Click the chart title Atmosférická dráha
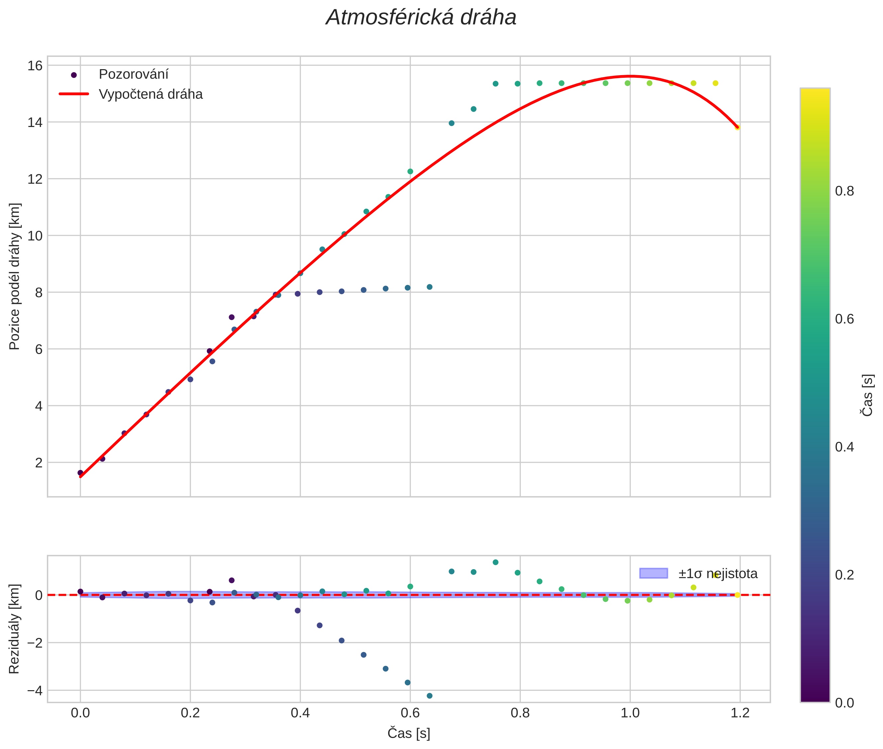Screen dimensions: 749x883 pos(421,18)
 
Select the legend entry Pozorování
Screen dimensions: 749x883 pos(133,74)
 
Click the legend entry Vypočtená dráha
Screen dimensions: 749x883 pos(150,94)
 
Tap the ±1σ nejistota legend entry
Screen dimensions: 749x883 pos(717,574)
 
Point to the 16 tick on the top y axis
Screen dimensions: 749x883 pos(35,66)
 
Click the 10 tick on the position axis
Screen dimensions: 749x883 pos(35,236)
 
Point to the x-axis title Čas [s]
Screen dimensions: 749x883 pos(409,733)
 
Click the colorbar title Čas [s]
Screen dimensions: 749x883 pos(868,395)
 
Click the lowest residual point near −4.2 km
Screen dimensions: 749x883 pos(430,695)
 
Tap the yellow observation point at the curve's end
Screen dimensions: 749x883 pos(737,127)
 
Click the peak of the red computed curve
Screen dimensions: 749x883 pos(630,76)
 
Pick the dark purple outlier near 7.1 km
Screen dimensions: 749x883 pos(232,317)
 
